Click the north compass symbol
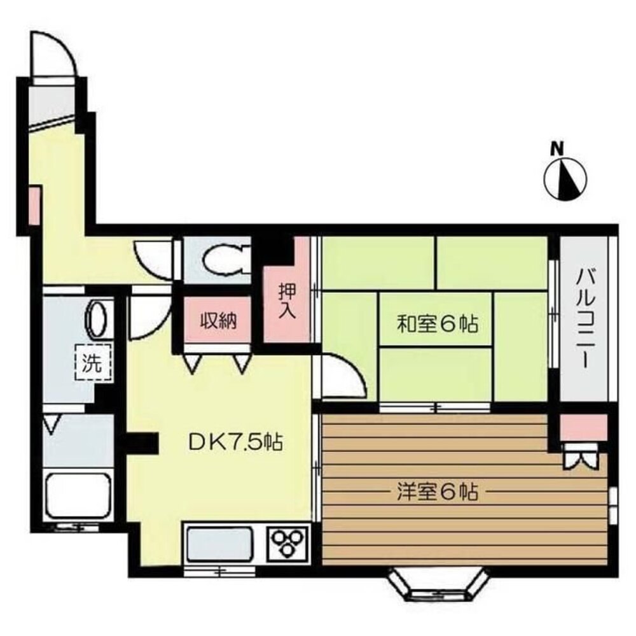tap(565, 178)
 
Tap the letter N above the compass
tap(557, 148)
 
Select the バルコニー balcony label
tap(585, 318)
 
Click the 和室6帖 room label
tap(437, 325)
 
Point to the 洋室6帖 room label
tap(437, 491)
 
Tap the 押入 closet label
tap(287, 300)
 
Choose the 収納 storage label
tap(219, 321)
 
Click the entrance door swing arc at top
tap(54, 55)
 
